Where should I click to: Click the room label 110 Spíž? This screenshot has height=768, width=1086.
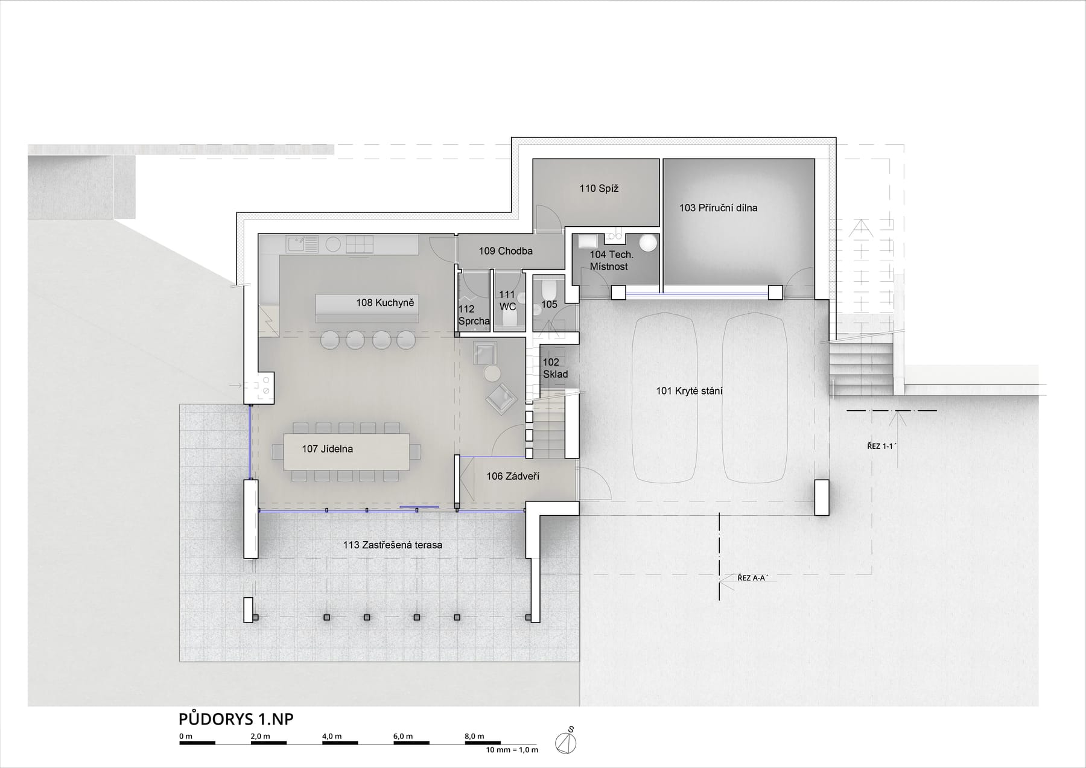coord(599,188)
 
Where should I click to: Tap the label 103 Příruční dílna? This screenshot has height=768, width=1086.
coord(718,208)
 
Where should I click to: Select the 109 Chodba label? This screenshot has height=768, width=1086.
coord(506,251)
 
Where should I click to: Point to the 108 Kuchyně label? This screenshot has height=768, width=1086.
coord(385,303)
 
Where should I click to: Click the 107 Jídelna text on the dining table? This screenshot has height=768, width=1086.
coord(328,449)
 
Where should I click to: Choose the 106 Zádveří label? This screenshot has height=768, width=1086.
coord(513,477)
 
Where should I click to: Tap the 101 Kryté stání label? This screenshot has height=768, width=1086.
coord(689,391)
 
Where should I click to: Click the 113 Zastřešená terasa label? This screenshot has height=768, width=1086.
coord(393,545)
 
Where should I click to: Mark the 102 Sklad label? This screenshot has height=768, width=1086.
coord(555,368)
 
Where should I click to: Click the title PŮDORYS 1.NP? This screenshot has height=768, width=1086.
coord(236,720)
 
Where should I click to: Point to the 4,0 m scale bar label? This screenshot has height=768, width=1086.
coord(332,736)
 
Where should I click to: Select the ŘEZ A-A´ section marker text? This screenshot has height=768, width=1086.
coord(753,578)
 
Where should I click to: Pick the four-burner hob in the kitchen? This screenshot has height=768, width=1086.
coord(359,244)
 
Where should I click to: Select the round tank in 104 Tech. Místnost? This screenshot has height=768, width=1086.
coord(648,243)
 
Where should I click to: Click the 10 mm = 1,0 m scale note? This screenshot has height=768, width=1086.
coord(512,750)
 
